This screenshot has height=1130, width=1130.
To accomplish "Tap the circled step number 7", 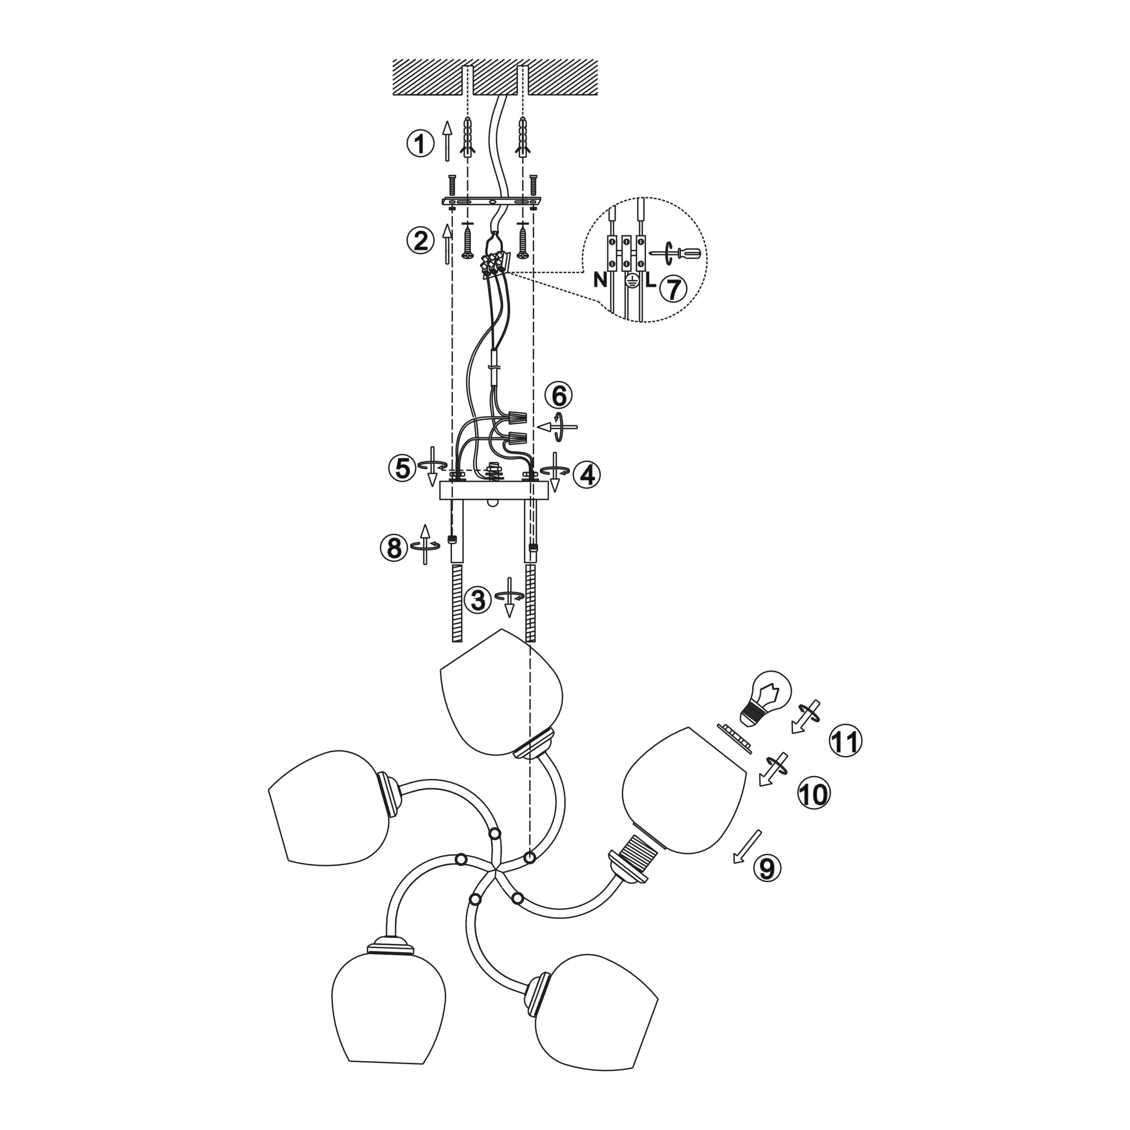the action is pyautogui.click(x=673, y=289).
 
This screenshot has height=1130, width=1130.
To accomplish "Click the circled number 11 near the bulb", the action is pyautogui.click(x=846, y=742).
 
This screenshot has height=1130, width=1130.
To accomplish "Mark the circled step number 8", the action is pyautogui.click(x=394, y=548).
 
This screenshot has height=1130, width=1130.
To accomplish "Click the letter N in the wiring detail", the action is pyautogui.click(x=600, y=279).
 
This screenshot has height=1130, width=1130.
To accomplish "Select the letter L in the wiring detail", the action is pyautogui.click(x=650, y=281).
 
